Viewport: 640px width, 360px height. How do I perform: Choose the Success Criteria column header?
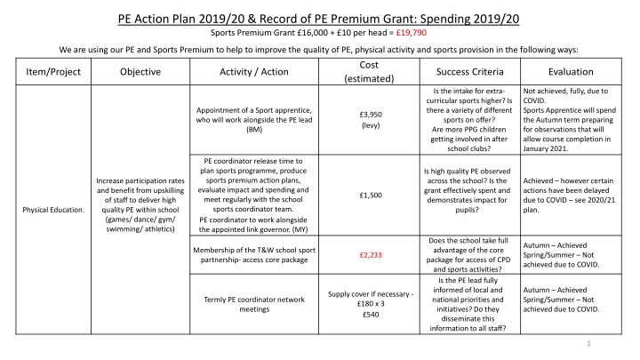pos(460,72)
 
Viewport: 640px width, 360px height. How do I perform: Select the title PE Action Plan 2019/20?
pos(319,15)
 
